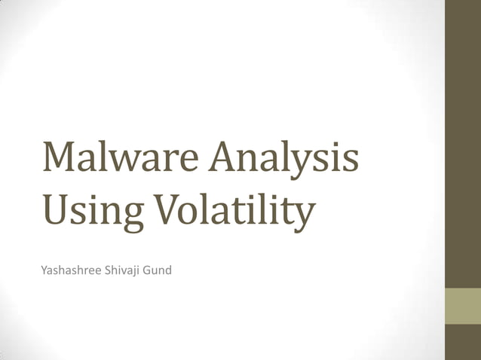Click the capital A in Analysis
(225, 157)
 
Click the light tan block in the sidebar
(463, 306)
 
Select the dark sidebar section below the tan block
(463, 342)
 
